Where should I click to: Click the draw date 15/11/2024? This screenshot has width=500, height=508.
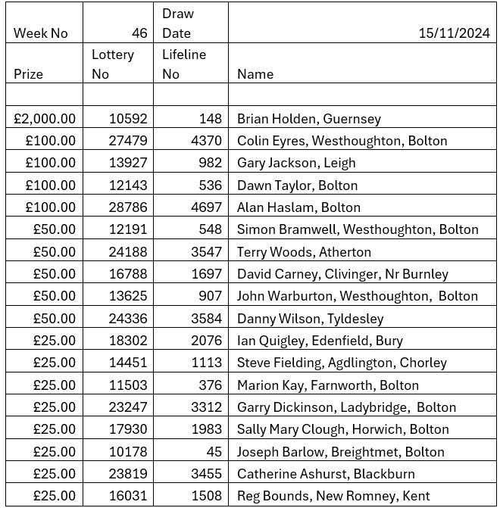point(453,33)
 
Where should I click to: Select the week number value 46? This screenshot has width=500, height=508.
point(139,33)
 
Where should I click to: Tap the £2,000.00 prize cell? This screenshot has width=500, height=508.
point(45,119)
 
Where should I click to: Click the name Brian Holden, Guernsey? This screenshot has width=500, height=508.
point(308,119)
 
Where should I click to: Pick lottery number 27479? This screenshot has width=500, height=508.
point(128,141)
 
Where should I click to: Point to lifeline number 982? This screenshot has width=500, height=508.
point(210,163)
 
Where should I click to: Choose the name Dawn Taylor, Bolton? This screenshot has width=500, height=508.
point(297,185)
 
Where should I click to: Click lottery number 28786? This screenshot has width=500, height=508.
point(128,207)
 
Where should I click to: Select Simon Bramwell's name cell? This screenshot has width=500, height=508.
point(358,229)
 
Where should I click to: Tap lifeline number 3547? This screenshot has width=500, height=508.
point(206,252)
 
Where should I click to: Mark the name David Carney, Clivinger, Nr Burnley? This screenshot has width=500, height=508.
point(342,274)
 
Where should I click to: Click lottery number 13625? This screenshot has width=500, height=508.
point(128,296)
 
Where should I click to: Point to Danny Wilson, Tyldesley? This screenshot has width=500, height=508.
point(310,319)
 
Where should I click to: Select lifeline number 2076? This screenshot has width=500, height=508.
point(206,341)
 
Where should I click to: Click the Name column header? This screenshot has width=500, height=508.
point(255,74)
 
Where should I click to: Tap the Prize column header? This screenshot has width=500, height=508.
point(29,74)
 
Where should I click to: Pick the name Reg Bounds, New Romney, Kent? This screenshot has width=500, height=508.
point(333,497)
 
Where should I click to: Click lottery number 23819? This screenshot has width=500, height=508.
point(128,474)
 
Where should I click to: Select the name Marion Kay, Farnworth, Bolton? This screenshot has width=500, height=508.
point(327,385)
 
